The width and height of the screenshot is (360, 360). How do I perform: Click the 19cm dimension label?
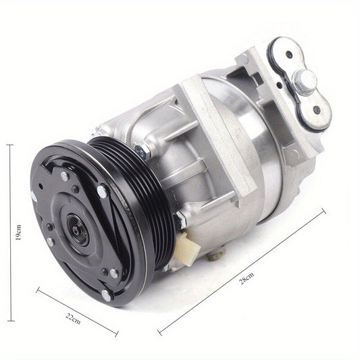[x=18, y=232]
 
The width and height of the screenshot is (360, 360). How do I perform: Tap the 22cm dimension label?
[x=73, y=319]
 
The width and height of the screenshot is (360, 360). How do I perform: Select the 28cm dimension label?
[x=247, y=278]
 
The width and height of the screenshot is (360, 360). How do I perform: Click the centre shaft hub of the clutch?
[x=78, y=231]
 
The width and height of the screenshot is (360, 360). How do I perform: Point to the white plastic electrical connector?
[x=187, y=249]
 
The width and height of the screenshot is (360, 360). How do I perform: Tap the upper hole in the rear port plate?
[x=289, y=55]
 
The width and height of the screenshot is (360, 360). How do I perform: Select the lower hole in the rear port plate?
[x=317, y=109]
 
